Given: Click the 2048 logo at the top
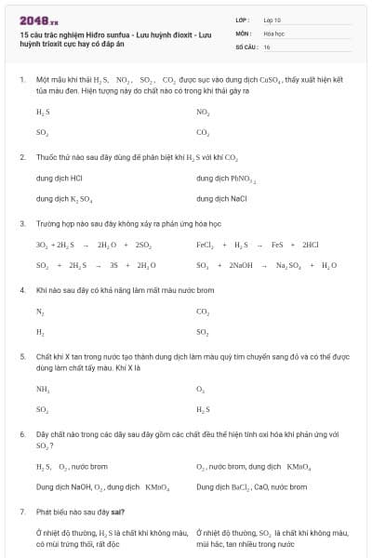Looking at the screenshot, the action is tap(38, 20).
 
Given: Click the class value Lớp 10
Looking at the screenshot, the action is tap(272, 20).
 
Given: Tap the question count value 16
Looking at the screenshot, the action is tap(267, 46).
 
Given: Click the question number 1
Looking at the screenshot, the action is tap(21, 81).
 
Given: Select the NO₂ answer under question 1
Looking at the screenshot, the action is tap(203, 112).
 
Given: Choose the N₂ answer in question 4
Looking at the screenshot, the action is tap(40, 312).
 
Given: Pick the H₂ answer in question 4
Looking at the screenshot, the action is tap(40, 332).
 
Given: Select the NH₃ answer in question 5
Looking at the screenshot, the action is tap(43, 389).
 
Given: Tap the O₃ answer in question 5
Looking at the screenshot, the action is tap(201, 389).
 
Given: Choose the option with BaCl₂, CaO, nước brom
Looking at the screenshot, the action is tap(251, 485).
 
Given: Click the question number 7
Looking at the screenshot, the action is tap(21, 511).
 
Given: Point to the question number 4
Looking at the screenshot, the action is tap(21, 290).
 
